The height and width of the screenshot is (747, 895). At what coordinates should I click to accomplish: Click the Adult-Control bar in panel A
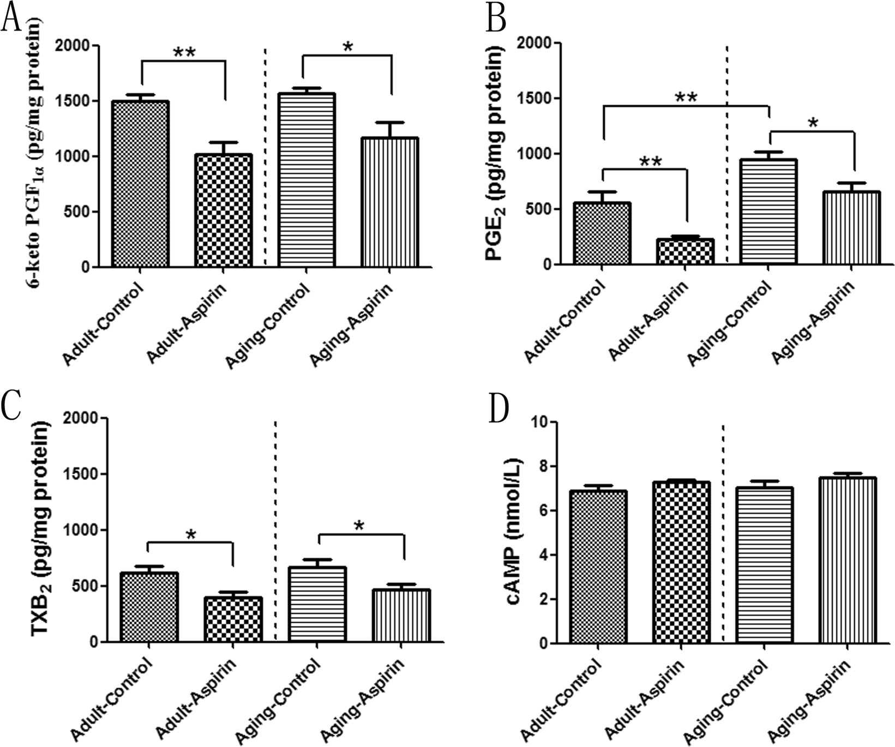tap(140, 184)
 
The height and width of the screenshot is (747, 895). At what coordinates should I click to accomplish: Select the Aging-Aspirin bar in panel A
tap(390, 203)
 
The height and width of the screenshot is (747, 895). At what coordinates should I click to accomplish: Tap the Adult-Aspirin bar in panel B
tap(685, 252)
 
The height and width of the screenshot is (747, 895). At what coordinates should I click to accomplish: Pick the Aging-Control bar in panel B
tap(768, 213)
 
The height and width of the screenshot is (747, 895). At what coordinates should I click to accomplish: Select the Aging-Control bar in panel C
tap(317, 605)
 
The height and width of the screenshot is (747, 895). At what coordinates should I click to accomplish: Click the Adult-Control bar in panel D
tap(598, 567)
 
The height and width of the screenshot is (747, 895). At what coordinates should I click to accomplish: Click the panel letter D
tap(497, 410)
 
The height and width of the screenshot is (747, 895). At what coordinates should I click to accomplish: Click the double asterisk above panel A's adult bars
tap(184, 53)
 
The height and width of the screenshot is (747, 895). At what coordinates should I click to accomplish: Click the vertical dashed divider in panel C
tap(275, 529)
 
